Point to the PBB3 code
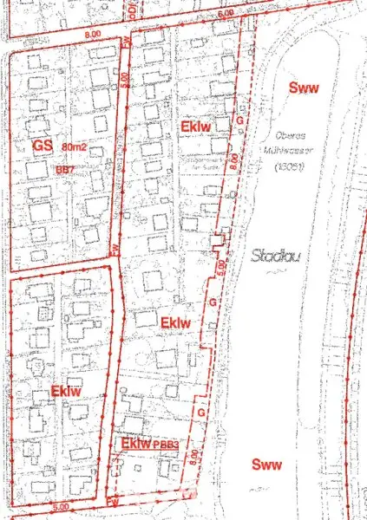166,445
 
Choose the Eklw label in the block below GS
65,391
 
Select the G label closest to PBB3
202,413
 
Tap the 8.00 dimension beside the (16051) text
235,163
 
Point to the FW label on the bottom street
112,502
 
